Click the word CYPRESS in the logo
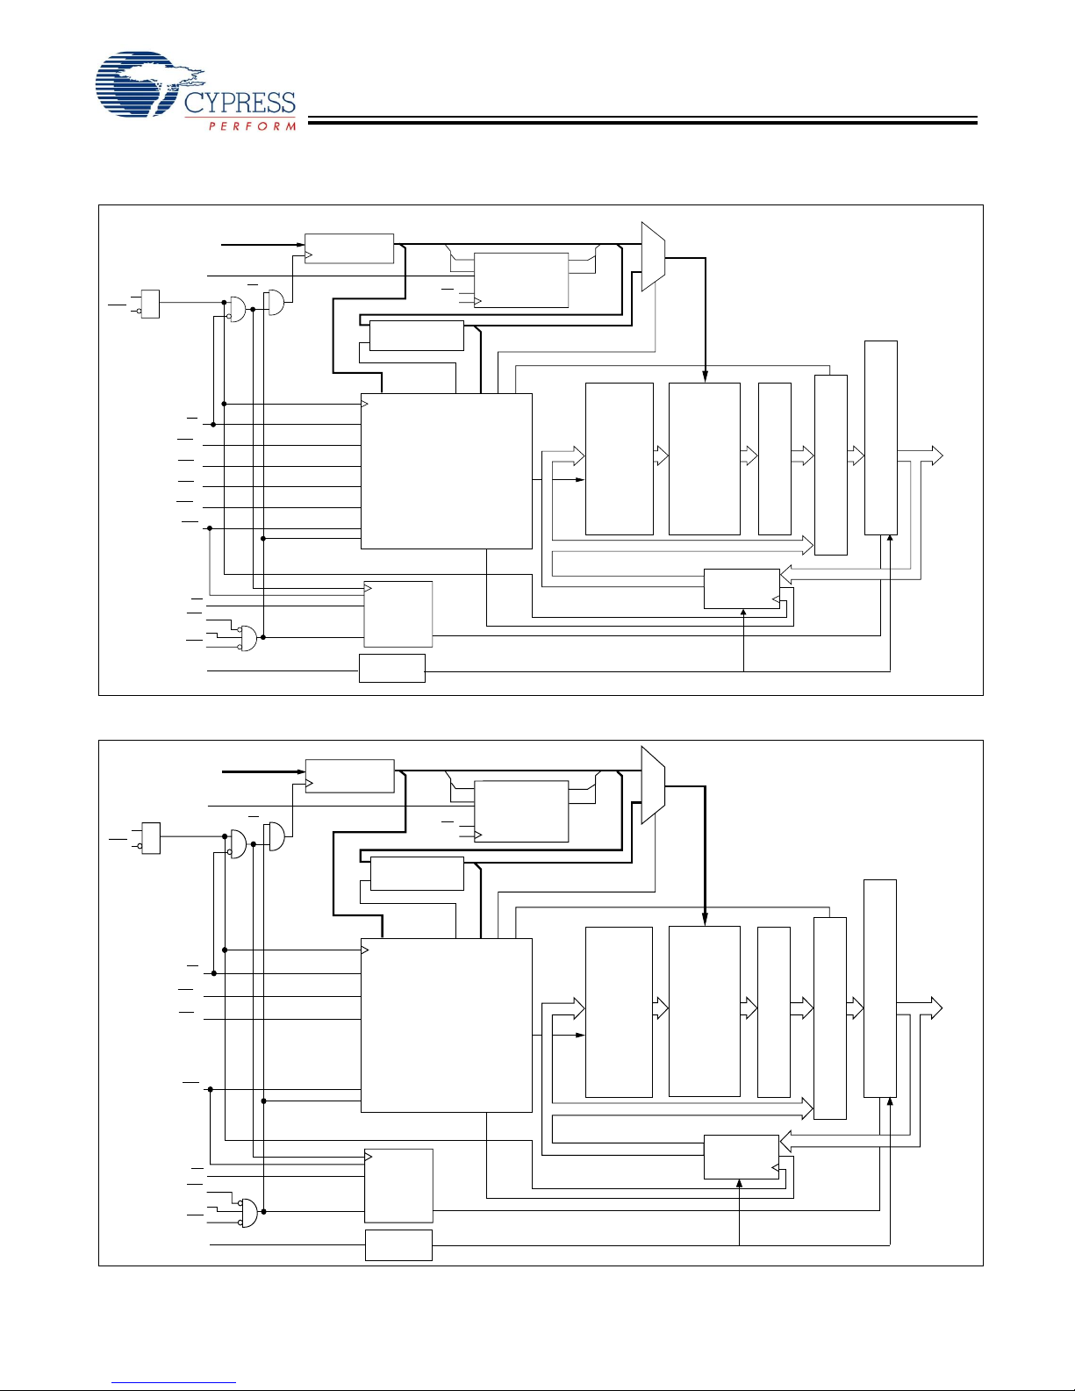click(240, 104)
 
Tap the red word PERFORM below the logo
click(252, 126)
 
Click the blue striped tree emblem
click(149, 84)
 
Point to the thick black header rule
click(642, 120)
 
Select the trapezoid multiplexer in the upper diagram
click(653, 256)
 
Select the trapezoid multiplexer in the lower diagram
click(653, 785)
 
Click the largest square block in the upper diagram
click(447, 471)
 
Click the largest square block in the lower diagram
click(447, 1026)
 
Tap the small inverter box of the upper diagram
click(150, 304)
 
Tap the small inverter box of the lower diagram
click(150, 838)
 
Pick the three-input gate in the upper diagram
click(247, 638)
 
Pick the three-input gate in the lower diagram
click(247, 1212)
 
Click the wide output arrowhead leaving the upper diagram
click(937, 455)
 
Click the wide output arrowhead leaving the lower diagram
click(936, 1008)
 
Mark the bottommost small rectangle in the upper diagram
click(392, 669)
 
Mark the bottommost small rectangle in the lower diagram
click(398, 1245)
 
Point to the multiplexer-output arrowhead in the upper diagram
click(706, 377)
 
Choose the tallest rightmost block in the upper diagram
click(881, 438)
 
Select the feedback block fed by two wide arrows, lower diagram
click(742, 1157)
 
